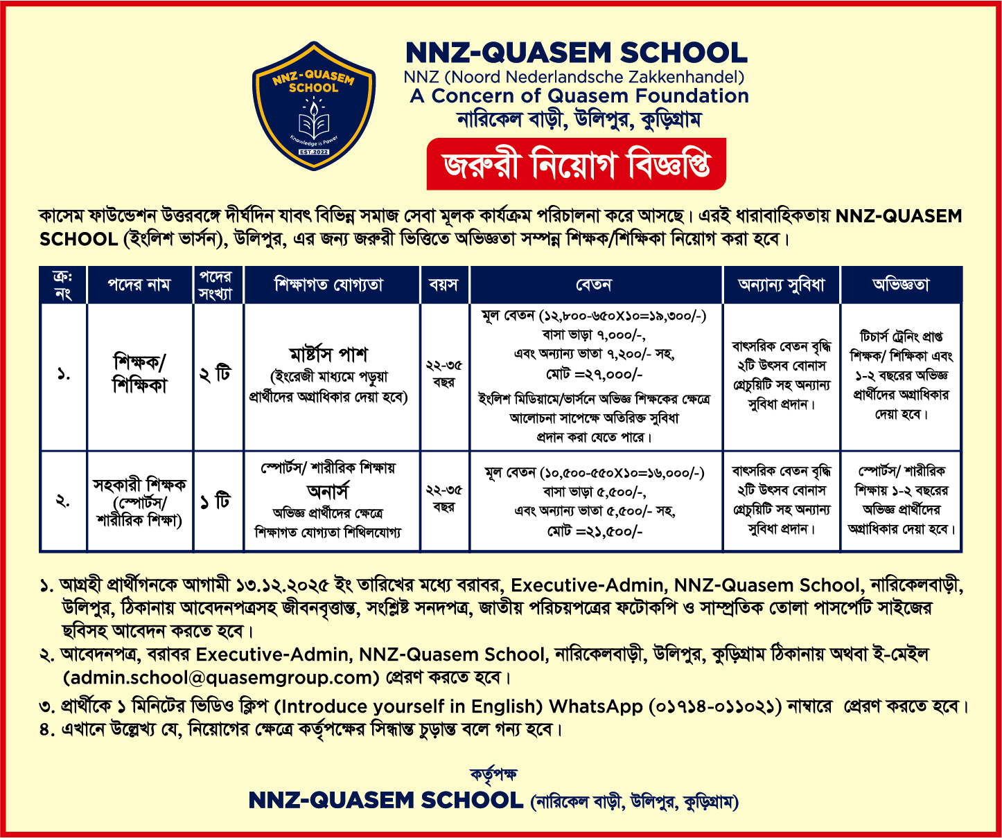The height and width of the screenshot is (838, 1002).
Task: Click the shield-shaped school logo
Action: pos(313,105)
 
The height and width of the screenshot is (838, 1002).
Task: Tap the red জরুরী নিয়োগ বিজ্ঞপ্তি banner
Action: pos(576,164)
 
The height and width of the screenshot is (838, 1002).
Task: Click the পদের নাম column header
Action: pos(139,285)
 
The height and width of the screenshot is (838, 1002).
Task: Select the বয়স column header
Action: pos(443,285)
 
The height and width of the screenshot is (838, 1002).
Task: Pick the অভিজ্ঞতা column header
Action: pos(900,285)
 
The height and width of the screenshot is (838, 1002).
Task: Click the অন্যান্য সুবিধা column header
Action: pos(781,285)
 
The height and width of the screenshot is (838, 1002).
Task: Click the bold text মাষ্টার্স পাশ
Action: pos(328,355)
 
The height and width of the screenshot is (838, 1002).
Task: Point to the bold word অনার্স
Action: pos(328,491)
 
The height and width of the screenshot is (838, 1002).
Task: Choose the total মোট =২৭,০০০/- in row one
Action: pos(595,375)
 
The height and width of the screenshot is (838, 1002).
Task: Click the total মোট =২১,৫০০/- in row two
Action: pos(595,531)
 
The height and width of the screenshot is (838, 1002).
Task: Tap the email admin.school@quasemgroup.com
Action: pos(221,677)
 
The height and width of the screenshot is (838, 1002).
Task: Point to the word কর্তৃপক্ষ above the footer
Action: pos(493,774)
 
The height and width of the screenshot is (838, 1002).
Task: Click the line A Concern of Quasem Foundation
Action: pos(579,96)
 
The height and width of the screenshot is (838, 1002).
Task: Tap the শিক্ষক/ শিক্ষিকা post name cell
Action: pos(139,374)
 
